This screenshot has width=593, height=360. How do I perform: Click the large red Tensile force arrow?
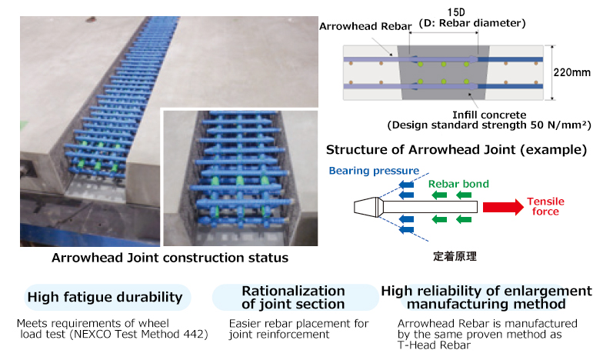click(x=501, y=207)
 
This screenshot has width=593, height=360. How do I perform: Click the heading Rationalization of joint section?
click(x=293, y=297)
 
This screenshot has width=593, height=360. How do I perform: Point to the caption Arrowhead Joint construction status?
click(x=170, y=258)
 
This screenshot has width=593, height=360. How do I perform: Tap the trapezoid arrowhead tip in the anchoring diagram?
click(x=367, y=206)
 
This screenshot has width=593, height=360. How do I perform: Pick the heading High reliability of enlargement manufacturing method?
click(x=486, y=297)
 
